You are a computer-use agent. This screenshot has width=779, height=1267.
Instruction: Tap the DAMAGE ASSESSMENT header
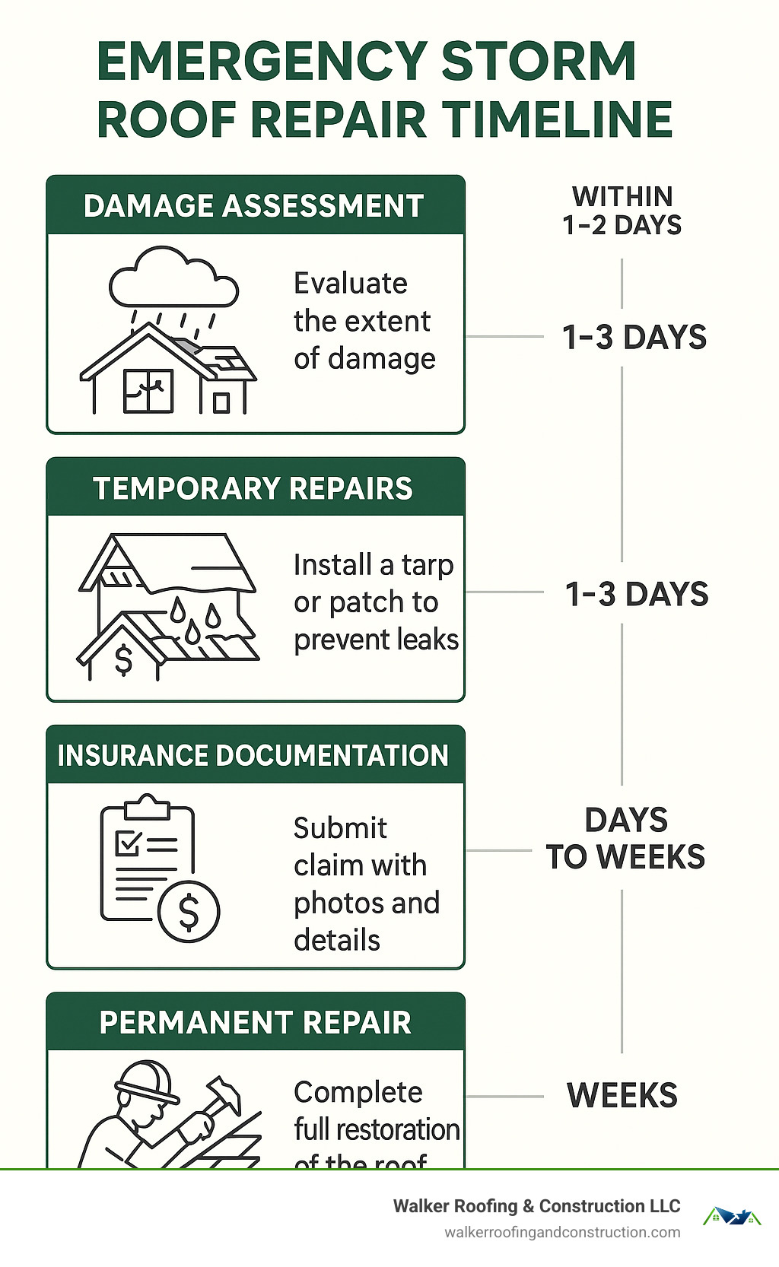[x=254, y=206]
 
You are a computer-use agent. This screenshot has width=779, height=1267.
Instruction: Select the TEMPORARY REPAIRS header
[x=253, y=488]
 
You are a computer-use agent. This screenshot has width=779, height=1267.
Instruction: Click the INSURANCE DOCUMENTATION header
[x=253, y=755]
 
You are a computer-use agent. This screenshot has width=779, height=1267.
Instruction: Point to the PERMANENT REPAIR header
[x=255, y=1023]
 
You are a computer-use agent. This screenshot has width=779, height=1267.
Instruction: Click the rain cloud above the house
[x=173, y=281]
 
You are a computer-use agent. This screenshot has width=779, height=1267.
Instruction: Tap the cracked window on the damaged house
[x=148, y=389]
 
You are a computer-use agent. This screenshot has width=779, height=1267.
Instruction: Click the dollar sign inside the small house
[x=123, y=659]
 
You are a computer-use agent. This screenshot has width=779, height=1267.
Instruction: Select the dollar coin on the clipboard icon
[x=189, y=911]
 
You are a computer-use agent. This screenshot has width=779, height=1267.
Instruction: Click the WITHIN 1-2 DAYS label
[x=622, y=211]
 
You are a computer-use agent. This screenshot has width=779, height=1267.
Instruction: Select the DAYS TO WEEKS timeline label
[x=625, y=838]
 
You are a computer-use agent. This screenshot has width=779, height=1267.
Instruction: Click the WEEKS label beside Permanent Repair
[x=622, y=1096]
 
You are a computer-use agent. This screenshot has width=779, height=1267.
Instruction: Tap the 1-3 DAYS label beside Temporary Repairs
[x=636, y=594]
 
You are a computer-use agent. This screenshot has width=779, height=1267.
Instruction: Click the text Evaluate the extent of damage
[x=364, y=321]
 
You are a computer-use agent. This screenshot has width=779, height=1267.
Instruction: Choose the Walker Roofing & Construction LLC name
[x=536, y=1206]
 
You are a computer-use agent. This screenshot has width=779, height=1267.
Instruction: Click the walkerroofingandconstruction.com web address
[x=562, y=1232]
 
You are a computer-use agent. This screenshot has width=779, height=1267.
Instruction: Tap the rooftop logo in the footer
[x=731, y=1217]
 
